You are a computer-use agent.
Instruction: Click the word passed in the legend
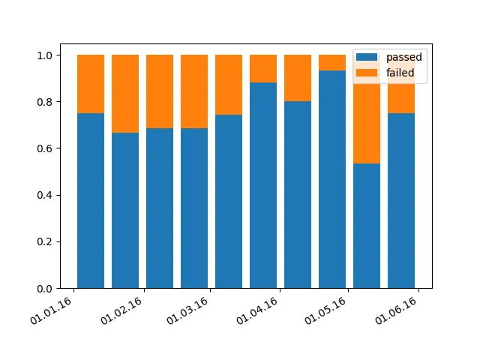click(403, 57)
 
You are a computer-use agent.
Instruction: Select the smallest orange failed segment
click(332, 62)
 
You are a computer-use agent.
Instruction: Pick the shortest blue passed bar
click(367, 225)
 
